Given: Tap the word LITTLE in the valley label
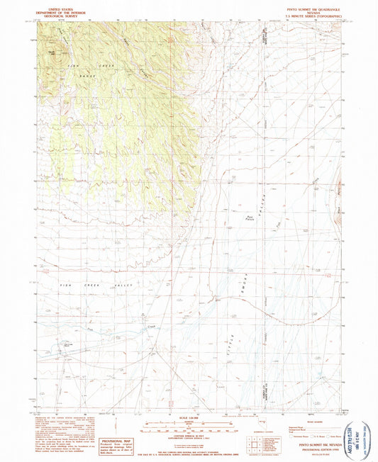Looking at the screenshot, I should [232, 327].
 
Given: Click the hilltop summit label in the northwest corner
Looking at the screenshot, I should [52, 50].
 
